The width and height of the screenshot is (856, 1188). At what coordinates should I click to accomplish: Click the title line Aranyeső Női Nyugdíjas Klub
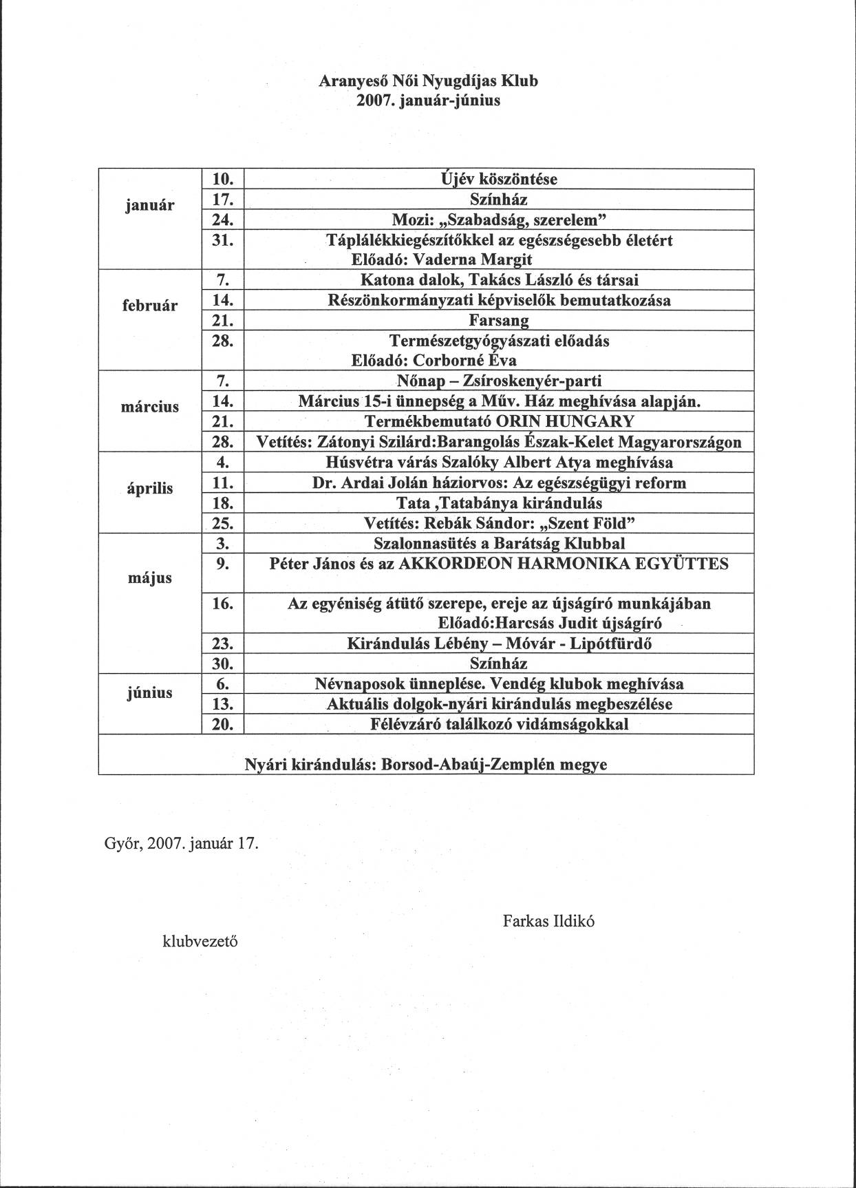[x=428, y=81]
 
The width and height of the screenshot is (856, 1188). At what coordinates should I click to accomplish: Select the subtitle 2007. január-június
[x=428, y=101]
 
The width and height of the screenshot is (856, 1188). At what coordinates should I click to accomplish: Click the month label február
[x=150, y=306]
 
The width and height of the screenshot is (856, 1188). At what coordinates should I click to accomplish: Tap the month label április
[x=150, y=489]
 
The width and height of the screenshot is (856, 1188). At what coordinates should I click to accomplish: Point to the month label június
[x=150, y=692]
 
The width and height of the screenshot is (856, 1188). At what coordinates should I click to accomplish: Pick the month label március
[x=150, y=407]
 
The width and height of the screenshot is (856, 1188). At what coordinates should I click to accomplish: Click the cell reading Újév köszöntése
[x=499, y=180]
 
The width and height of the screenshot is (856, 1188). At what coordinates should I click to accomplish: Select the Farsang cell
[x=499, y=321]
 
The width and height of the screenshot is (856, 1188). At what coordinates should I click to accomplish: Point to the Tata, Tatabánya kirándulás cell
[x=499, y=503]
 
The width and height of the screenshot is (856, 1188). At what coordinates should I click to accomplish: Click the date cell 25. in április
[x=223, y=524]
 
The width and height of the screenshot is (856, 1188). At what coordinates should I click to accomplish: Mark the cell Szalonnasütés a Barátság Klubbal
[x=499, y=544]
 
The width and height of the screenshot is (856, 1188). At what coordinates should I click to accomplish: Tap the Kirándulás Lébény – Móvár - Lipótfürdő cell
[x=499, y=644]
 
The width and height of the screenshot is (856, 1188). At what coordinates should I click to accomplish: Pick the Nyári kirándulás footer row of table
[x=427, y=764]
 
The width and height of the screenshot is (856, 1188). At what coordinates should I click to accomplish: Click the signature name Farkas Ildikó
[x=548, y=921]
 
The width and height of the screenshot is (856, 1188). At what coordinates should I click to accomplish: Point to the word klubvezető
[x=200, y=941]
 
